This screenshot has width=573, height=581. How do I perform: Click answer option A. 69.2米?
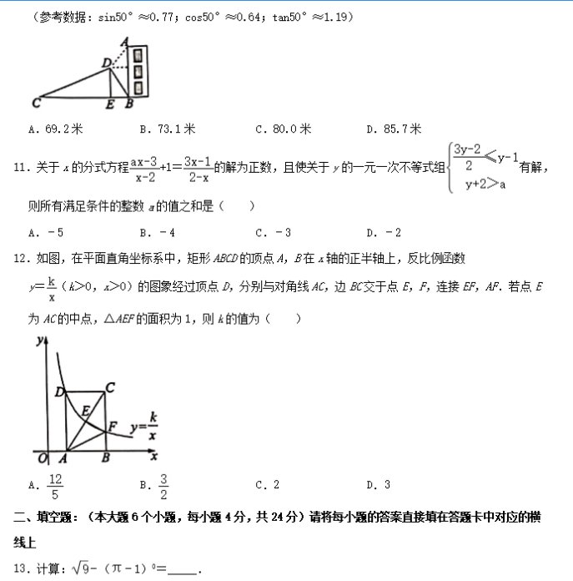[x=56, y=129]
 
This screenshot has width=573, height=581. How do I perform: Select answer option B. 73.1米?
[x=168, y=129]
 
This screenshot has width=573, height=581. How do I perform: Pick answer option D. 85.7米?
[x=394, y=129]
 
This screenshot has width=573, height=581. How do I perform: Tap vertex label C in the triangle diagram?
[x=36, y=104]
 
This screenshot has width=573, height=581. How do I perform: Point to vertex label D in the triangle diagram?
[x=105, y=63]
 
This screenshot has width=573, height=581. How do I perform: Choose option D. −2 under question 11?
[x=384, y=232]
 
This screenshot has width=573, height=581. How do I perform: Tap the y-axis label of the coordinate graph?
[x=38, y=341]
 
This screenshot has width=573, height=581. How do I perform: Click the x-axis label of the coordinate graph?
[x=153, y=456]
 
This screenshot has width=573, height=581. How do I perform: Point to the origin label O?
[x=43, y=457]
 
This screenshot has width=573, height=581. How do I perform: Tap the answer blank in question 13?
[x=183, y=570]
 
